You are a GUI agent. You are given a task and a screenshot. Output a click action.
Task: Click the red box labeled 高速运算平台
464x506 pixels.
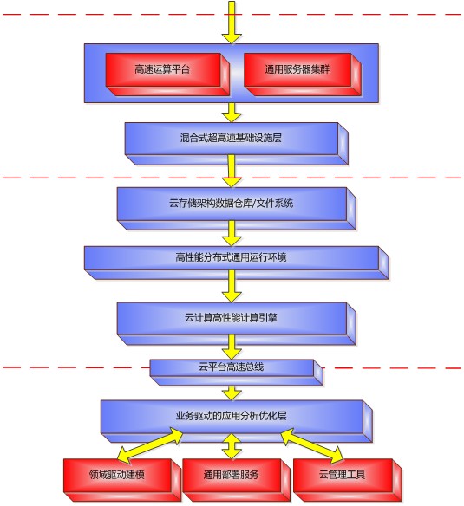167,75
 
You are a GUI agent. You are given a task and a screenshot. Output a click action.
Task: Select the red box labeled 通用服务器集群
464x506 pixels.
303,75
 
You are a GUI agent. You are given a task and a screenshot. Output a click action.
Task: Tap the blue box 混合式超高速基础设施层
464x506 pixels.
236,144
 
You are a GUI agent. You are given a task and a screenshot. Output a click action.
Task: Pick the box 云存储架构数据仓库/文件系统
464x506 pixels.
236,209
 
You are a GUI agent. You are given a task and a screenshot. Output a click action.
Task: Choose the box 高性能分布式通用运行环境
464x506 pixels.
236,263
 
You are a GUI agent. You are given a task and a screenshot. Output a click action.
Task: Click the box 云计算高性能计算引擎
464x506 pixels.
236,323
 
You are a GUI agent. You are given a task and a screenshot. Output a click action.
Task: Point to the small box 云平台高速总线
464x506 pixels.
236,373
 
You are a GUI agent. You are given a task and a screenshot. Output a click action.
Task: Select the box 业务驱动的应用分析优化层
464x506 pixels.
236,421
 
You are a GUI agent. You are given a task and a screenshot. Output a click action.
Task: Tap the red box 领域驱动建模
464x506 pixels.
122,480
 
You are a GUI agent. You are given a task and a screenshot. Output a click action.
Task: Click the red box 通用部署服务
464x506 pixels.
236,480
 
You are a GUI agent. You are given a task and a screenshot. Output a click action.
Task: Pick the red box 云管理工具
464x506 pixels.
348,480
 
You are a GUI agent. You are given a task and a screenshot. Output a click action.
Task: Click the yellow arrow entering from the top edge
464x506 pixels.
232,22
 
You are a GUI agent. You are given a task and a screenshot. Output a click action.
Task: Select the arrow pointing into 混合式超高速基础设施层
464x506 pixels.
232,113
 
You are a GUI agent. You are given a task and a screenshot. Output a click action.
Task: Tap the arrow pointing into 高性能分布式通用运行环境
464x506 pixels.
232,233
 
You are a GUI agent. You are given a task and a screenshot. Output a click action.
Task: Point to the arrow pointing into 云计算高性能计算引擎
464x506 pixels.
232,286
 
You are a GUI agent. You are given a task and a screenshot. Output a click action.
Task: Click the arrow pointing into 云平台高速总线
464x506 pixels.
232,347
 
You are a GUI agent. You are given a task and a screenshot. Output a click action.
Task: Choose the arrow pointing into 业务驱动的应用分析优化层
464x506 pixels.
232,392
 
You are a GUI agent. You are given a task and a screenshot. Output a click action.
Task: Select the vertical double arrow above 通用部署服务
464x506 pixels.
232,446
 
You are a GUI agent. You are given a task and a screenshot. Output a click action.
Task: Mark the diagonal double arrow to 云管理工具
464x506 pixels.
313,445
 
